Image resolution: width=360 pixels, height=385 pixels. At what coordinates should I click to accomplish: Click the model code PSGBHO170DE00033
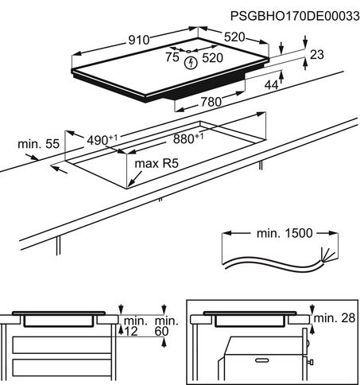[x=295, y=16]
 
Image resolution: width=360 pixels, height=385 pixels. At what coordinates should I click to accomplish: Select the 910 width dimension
[x=139, y=40]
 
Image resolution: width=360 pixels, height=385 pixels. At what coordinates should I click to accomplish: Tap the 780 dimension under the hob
[x=211, y=102]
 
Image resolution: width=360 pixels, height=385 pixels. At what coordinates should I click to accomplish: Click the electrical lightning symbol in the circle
[x=191, y=63]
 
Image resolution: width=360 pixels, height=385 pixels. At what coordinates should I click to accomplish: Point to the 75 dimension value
[x=172, y=56]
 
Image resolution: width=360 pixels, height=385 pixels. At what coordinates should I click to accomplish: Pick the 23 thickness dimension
[x=317, y=55]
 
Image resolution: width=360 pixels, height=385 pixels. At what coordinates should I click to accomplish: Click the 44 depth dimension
[x=272, y=85]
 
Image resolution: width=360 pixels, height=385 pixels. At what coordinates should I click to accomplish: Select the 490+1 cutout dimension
[x=102, y=140]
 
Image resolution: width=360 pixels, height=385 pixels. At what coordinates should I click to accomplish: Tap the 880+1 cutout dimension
[x=188, y=138]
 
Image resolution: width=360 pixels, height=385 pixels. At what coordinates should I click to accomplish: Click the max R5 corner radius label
[x=157, y=163]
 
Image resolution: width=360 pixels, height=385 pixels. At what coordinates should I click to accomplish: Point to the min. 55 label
[x=38, y=144]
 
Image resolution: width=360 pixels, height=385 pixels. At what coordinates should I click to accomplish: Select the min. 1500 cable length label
[x=285, y=233]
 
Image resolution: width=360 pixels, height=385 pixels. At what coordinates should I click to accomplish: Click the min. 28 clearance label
[x=335, y=318]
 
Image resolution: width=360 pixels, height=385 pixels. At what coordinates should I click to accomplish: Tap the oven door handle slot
[x=261, y=360]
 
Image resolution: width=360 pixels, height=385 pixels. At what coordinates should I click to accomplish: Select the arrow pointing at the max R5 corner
[x=135, y=179]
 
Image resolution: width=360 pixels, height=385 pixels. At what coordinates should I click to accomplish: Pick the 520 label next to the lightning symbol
[x=212, y=58]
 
